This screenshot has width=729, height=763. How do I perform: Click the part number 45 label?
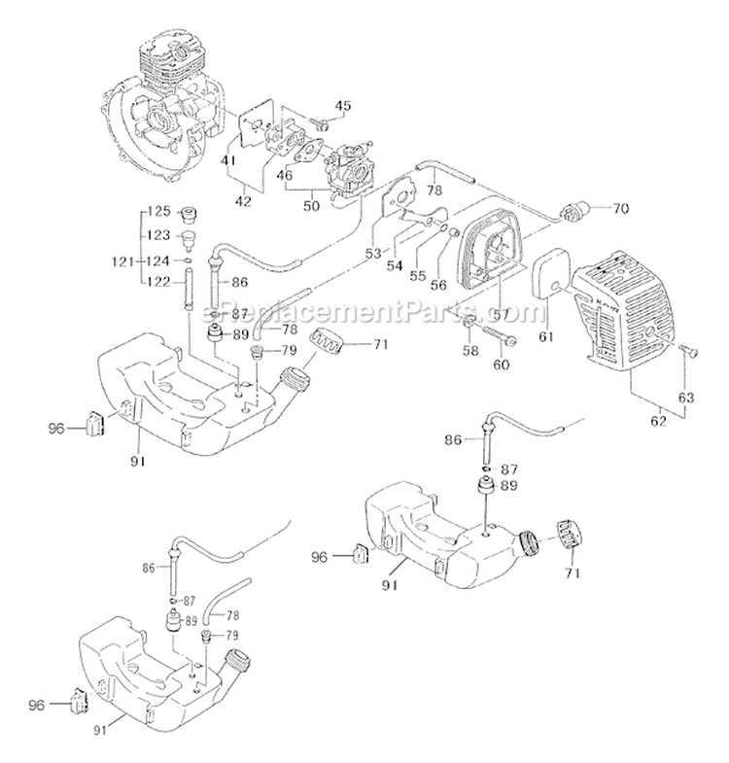click(x=341, y=105)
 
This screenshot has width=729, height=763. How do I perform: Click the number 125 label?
click(x=158, y=211)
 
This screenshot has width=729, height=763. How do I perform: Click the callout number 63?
click(x=686, y=397)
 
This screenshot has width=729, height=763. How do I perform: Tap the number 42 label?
click(x=243, y=201)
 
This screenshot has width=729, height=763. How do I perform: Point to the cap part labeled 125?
click(x=190, y=212)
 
